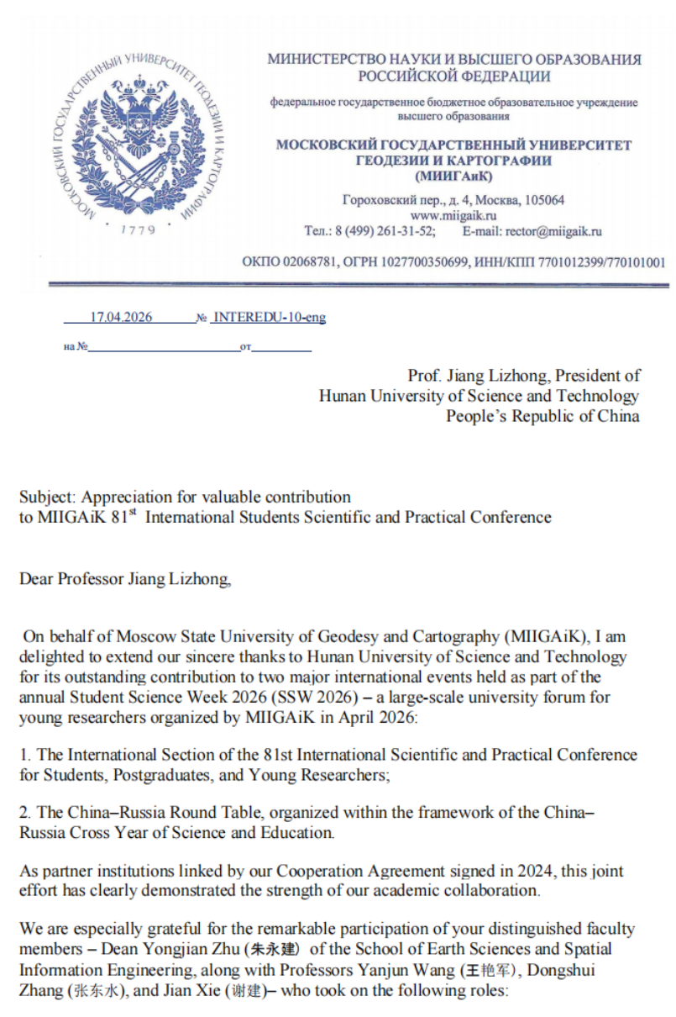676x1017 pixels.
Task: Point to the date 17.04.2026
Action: tap(121, 318)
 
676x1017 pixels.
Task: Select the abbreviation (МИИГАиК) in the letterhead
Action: tap(453, 176)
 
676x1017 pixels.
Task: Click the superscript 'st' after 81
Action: tap(131, 512)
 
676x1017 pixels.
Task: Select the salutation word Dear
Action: tap(36, 578)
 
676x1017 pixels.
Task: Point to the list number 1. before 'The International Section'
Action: tap(25, 755)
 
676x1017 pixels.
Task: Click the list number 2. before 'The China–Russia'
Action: tap(25, 814)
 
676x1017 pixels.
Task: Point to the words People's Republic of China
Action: tap(542, 416)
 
